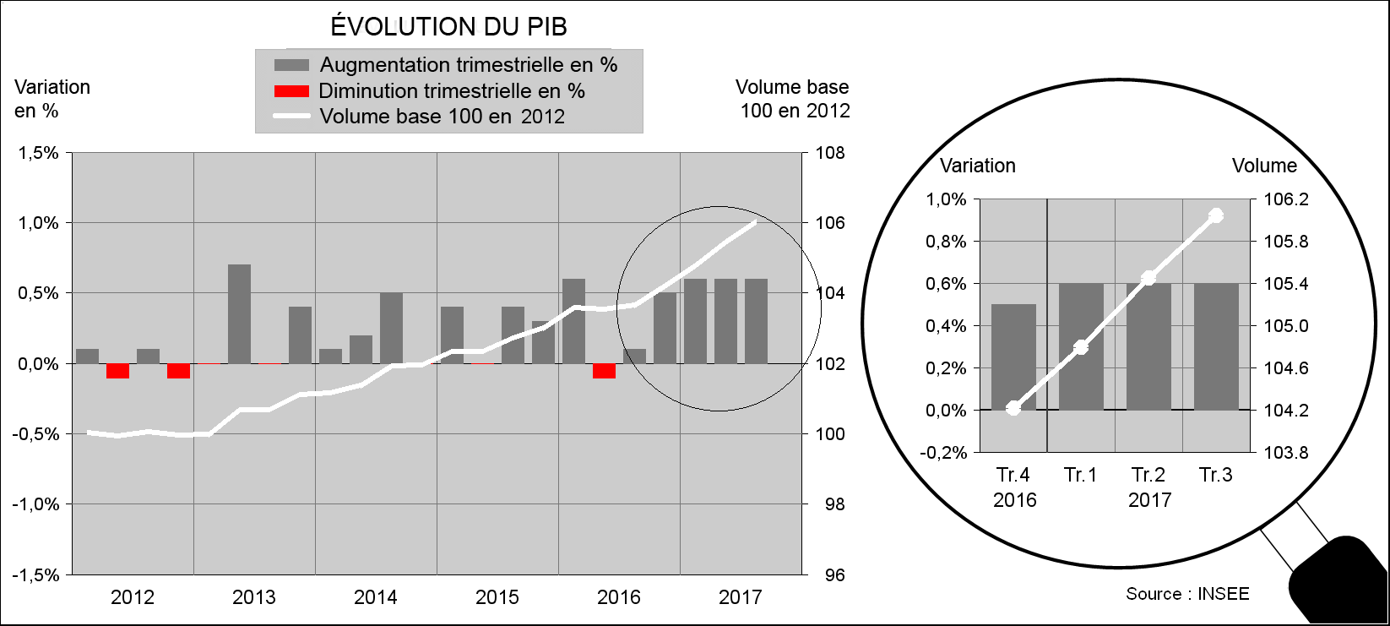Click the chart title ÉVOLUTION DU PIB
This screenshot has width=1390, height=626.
[448, 27]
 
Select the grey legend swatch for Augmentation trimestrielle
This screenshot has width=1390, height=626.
[291, 65]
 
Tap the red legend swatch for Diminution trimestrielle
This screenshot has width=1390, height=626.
[291, 91]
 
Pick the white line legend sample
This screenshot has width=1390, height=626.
[291, 117]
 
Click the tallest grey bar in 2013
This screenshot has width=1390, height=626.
[240, 313]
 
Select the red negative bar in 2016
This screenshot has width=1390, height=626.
[604, 371]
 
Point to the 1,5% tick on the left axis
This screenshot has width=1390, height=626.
[39, 153]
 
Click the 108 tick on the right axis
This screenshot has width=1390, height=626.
[829, 153]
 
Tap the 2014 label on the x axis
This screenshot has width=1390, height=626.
[376, 597]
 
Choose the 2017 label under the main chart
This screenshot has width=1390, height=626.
[741, 597]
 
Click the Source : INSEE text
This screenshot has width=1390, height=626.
[1187, 594]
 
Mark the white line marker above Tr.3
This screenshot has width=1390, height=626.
[1216, 215]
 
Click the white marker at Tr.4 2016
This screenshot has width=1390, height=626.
[1013, 408]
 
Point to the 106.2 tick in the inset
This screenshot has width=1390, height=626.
[1285, 200]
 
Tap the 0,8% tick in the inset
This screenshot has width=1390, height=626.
[946, 242]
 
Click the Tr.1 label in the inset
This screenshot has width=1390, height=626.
[1081, 475]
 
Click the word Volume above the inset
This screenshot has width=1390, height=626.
[1263, 166]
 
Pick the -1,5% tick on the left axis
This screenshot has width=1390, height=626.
[35, 575]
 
